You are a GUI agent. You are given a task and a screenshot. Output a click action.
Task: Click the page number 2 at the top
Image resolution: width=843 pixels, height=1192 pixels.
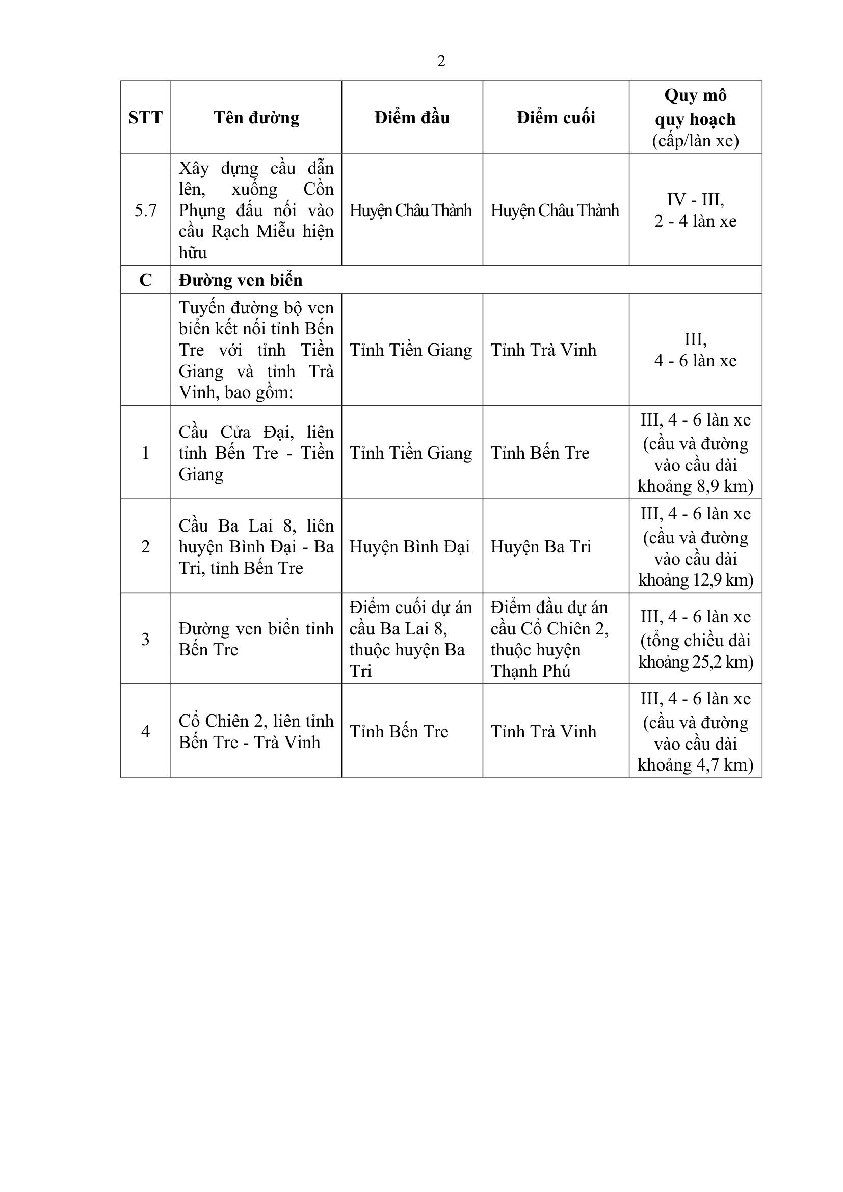[x=441, y=61]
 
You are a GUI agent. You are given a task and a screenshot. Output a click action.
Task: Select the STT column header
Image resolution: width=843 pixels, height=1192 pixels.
[x=145, y=117]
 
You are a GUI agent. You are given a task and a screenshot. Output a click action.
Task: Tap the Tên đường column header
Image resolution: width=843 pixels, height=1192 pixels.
[x=256, y=117]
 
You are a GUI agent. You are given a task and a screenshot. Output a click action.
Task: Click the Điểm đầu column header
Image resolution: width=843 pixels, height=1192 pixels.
[x=412, y=117]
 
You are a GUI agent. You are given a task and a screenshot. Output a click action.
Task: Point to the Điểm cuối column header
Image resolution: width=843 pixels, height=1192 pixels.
[x=556, y=117]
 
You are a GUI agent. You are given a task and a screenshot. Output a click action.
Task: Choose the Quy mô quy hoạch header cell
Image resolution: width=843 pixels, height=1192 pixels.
[x=695, y=117]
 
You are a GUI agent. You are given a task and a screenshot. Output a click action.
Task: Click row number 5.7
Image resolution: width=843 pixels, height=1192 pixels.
[x=145, y=210]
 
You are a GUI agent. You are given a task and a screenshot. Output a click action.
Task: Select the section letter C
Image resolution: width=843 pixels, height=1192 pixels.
[x=145, y=280]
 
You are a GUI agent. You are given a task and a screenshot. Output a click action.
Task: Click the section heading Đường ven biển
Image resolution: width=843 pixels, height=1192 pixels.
[x=241, y=280]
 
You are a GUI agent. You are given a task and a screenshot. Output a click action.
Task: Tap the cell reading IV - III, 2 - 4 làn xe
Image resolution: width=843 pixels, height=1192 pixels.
[x=695, y=210]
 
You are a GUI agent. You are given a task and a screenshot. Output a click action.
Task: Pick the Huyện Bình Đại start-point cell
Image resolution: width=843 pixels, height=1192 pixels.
[x=410, y=547]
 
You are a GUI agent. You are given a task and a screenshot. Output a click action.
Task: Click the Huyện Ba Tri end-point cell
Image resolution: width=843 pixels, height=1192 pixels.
[x=541, y=547]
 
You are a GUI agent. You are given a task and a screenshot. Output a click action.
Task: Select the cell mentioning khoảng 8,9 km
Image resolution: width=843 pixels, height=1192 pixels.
[x=695, y=453]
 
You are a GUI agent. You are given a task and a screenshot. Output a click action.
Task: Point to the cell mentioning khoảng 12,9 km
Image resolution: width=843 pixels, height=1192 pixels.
[x=695, y=547]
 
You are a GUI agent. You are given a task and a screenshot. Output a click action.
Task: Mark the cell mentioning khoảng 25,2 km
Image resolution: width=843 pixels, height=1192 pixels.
[x=695, y=639]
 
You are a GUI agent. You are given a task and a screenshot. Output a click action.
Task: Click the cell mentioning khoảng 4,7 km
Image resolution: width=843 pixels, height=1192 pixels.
[x=695, y=731]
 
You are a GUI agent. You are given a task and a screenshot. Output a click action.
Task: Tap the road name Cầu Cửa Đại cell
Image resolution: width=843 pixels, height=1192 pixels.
[x=256, y=453]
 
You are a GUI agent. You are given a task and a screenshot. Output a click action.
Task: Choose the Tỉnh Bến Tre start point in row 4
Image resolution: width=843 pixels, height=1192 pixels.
[x=399, y=731]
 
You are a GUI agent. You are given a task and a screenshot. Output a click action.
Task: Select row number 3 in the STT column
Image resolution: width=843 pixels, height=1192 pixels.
[x=145, y=639]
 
